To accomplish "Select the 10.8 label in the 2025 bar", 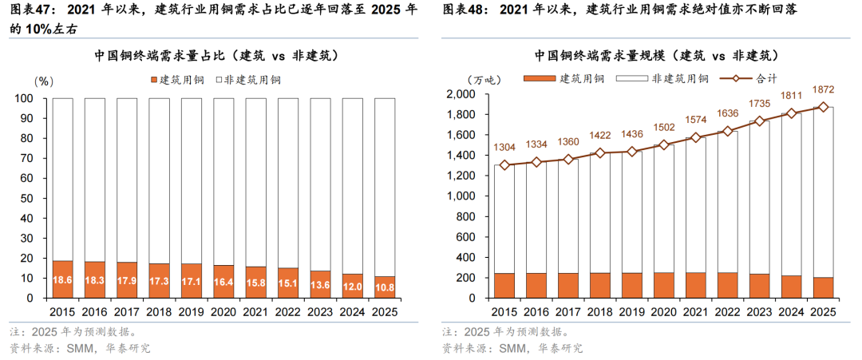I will click(385, 283).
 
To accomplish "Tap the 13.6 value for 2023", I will click(320, 283).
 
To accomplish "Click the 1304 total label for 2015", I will click(504, 148).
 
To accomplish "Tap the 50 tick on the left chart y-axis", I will click(26, 198).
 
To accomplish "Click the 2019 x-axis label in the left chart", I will click(192, 311).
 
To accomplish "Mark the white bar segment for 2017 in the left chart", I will click(127, 180).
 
